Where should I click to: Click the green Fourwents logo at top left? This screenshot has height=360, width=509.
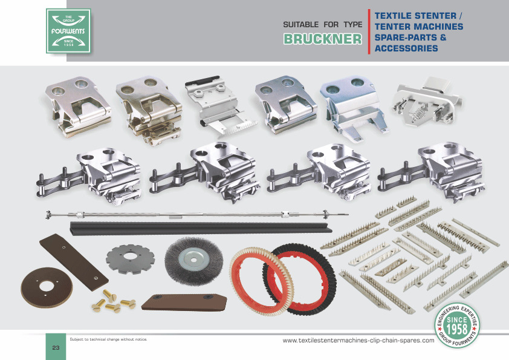(68, 31)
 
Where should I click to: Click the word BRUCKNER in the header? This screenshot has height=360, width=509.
(323, 39)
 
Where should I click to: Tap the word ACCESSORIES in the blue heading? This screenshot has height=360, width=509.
(406, 48)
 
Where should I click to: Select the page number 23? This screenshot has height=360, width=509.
(56, 347)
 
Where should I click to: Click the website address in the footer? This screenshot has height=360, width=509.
(358, 341)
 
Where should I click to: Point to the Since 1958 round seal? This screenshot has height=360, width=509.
(457, 326)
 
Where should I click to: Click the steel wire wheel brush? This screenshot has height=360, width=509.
(194, 261)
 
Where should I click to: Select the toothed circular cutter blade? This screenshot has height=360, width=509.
(130, 258)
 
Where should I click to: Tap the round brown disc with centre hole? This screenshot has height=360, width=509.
(47, 287)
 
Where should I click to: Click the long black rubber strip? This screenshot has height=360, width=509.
(201, 227)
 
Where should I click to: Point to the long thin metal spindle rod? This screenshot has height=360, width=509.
(197, 214)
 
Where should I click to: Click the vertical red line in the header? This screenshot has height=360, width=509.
(369, 31)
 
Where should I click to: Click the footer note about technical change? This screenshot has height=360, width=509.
(108, 339)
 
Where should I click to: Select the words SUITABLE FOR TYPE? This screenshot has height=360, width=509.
(323, 25)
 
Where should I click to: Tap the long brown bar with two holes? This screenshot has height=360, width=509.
(74, 262)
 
